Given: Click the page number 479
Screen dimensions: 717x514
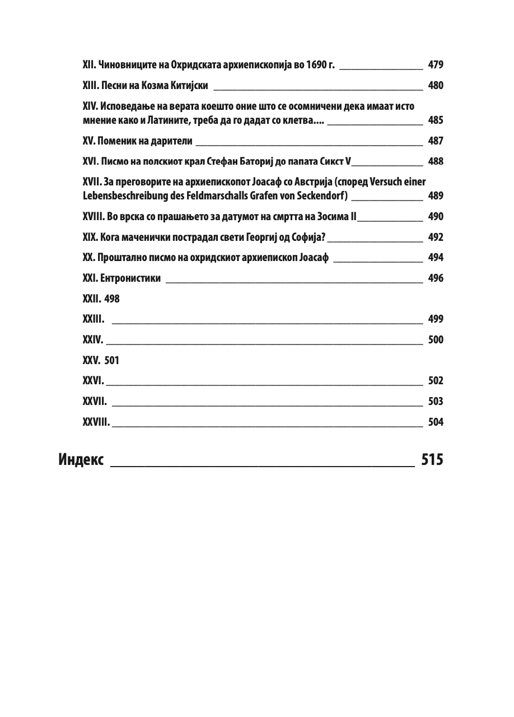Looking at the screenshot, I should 435,65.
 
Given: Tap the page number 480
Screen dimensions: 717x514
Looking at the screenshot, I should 435,86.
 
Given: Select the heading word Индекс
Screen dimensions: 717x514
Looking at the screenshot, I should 81,460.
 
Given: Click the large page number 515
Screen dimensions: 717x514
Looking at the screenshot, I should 432,460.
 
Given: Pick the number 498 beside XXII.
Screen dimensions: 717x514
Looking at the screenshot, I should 112,299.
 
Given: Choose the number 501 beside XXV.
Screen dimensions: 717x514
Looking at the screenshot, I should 111,360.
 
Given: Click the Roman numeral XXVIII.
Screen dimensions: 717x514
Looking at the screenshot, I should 96,422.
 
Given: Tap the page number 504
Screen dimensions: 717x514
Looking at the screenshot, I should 435,422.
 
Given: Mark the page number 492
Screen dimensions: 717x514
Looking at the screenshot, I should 435,237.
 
